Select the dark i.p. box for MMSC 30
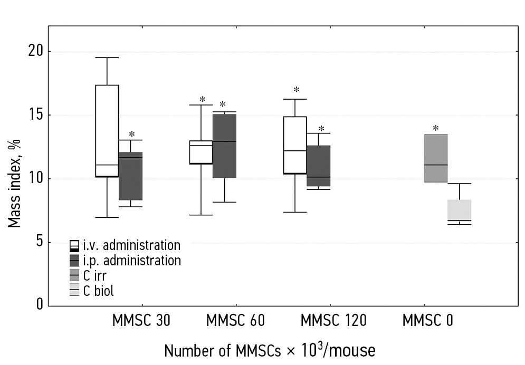coord(130,176)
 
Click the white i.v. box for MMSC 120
coord(295,145)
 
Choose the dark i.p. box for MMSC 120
coord(319,166)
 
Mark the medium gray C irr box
coord(436,158)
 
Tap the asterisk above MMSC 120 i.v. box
coord(297,90)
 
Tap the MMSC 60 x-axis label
coord(235,321)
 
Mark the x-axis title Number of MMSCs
coord(270,349)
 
